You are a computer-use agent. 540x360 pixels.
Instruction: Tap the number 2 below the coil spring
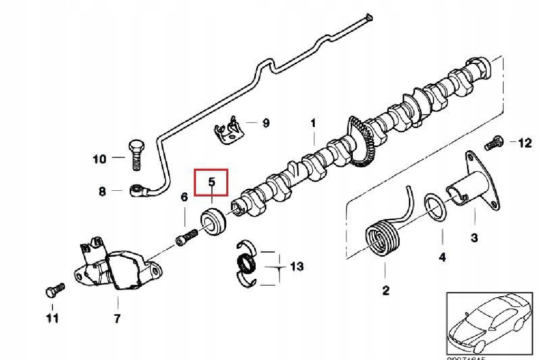[385, 290]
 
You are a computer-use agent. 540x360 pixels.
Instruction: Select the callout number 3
[474, 238]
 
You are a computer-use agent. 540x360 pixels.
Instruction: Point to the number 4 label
[442, 257]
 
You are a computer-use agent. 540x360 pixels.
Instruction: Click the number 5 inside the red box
[211, 182]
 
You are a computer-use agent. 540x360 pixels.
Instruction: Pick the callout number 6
[184, 197]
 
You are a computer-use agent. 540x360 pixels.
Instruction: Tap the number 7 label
[117, 318]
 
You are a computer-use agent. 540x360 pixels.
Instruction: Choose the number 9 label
[266, 123]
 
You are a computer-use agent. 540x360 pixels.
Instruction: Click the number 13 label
[297, 267]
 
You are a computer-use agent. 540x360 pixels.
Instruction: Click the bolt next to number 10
[135, 155]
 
